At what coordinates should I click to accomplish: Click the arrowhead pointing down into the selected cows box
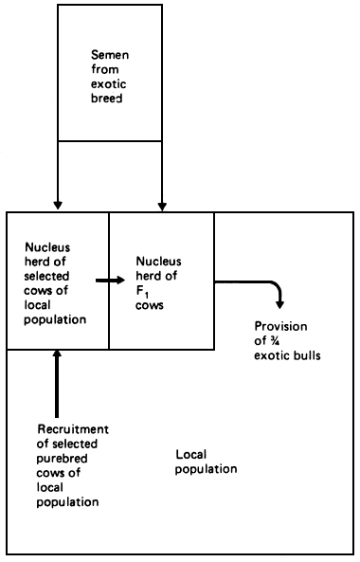pos(58,204)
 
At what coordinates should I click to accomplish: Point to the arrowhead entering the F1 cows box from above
pos(163,204)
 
